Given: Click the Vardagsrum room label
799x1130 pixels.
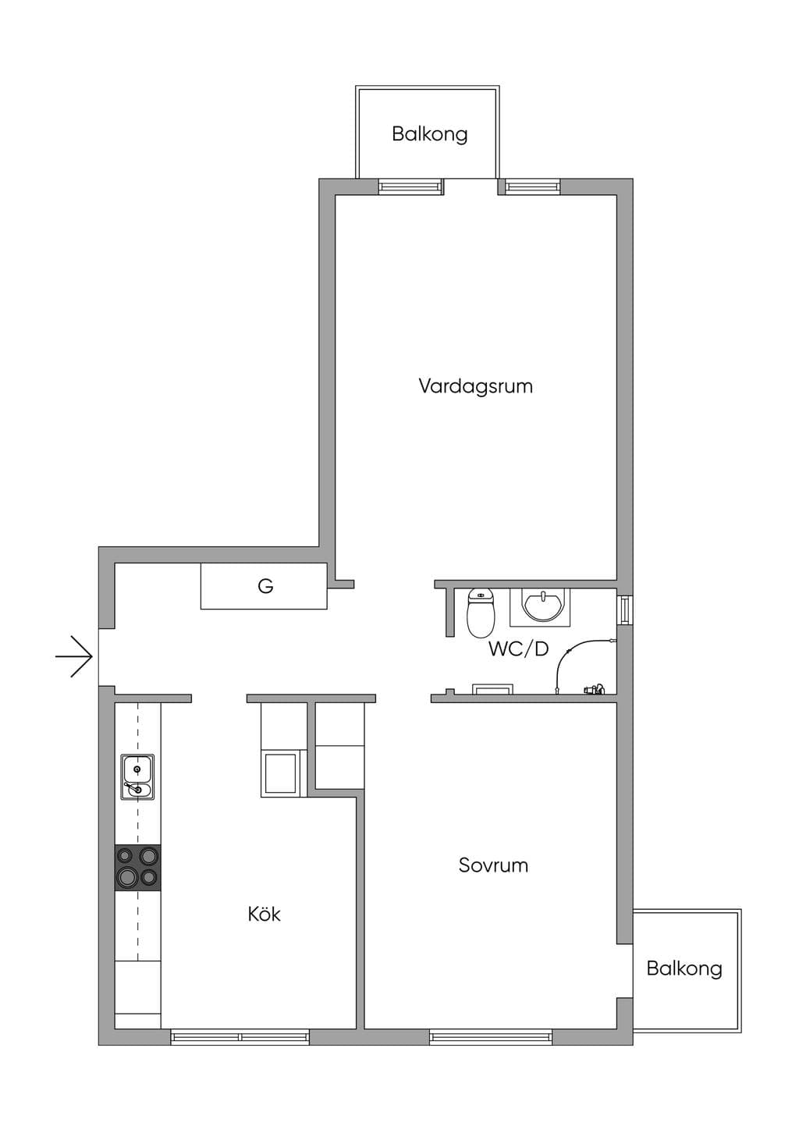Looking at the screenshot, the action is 476,386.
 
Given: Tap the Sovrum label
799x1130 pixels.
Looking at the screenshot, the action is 493,865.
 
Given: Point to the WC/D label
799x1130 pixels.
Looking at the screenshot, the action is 518,649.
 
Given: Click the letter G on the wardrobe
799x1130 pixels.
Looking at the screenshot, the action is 265,586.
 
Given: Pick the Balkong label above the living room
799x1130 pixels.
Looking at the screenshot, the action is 430,135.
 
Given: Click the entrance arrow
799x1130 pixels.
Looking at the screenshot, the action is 74,656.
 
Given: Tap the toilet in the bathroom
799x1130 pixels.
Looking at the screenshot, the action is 480,613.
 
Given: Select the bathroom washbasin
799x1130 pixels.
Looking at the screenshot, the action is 542,606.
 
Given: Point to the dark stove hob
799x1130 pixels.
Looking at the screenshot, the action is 137,869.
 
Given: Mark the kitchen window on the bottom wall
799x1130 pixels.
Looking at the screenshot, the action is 240,1036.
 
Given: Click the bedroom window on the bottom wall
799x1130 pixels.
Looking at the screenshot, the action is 492,1036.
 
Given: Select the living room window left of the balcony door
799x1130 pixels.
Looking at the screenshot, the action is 411,187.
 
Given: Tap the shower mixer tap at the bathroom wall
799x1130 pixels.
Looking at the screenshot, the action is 595,688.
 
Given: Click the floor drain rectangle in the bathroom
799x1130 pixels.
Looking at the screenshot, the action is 492,688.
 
